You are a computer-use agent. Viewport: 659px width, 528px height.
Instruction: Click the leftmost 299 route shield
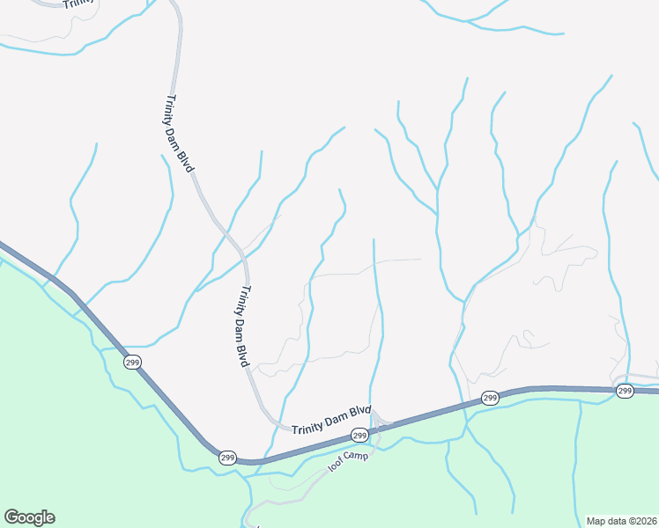click(133, 362)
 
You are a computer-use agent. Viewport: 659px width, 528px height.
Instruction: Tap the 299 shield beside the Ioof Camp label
click(359, 436)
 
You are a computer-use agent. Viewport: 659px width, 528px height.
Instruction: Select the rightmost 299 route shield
click(625, 391)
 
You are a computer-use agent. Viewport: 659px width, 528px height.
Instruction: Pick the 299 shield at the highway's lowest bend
click(227, 458)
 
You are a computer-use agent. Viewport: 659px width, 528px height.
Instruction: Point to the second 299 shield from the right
click(491, 399)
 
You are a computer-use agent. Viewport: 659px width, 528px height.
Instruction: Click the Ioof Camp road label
click(346, 464)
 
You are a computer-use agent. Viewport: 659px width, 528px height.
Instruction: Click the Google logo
click(29, 517)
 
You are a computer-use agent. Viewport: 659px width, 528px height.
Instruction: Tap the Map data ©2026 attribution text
click(621, 521)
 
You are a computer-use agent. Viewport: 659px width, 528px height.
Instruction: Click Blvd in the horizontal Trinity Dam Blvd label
click(359, 410)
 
